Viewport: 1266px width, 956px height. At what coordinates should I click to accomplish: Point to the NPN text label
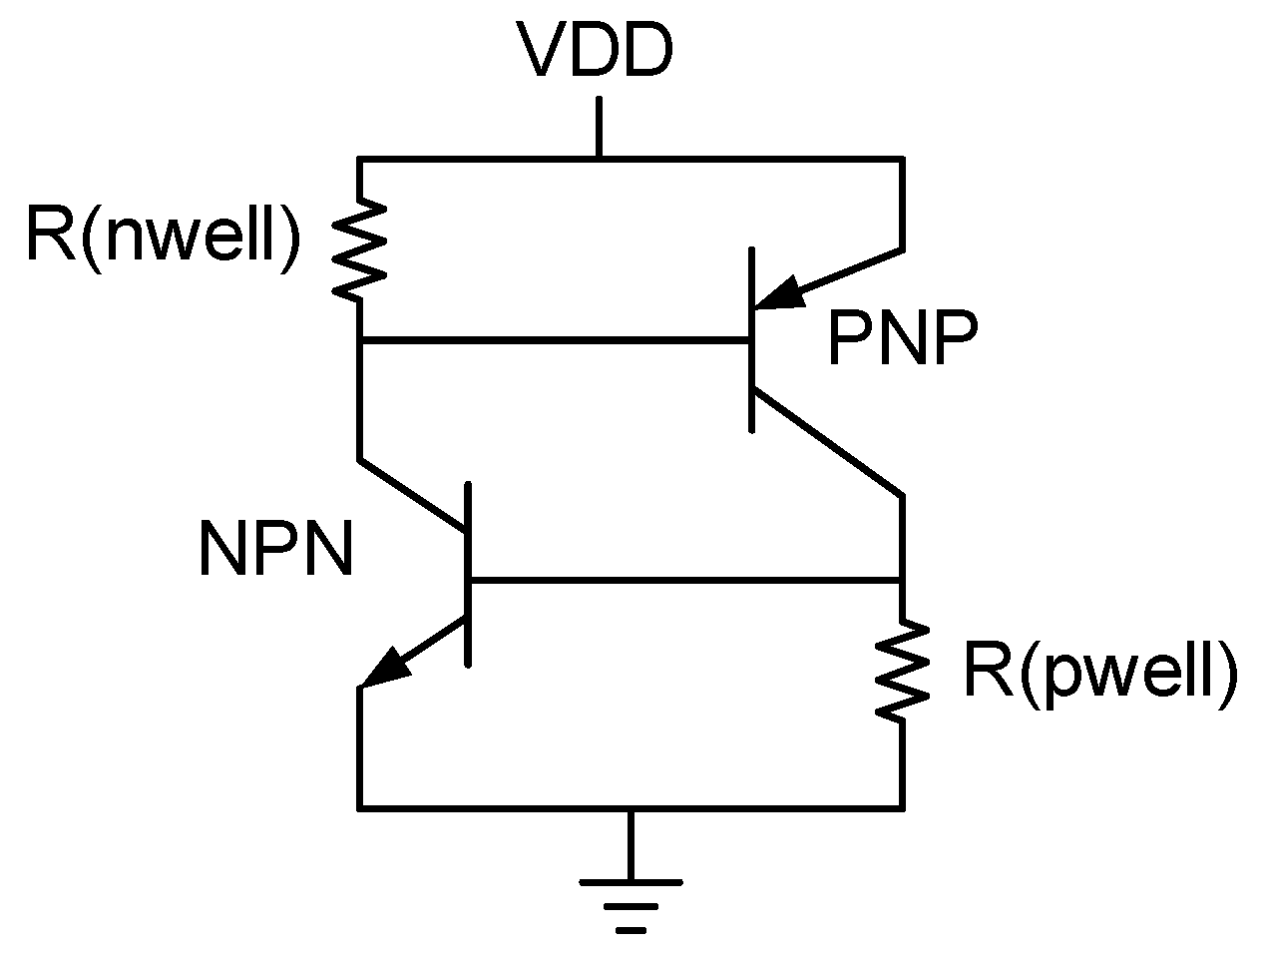point(276,550)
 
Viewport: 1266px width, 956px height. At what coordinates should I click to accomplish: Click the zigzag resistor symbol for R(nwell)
point(359,247)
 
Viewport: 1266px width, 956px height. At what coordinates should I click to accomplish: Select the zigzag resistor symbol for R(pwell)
point(902,669)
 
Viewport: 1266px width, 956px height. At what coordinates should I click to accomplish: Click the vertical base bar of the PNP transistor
point(750,340)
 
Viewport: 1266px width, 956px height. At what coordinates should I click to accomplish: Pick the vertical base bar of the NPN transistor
point(468,574)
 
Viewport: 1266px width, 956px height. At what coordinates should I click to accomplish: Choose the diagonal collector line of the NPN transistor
point(413,494)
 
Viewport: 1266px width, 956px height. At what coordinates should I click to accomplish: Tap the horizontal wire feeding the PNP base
point(554,341)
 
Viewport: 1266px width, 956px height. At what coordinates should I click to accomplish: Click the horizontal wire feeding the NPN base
point(684,580)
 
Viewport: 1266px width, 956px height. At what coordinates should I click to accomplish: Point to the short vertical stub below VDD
point(599,127)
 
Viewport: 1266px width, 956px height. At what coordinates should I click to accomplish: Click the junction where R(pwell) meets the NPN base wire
point(902,580)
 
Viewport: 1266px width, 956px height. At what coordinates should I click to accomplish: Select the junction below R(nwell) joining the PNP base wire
point(359,341)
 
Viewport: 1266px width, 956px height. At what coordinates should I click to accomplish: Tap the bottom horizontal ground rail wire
point(499,807)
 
